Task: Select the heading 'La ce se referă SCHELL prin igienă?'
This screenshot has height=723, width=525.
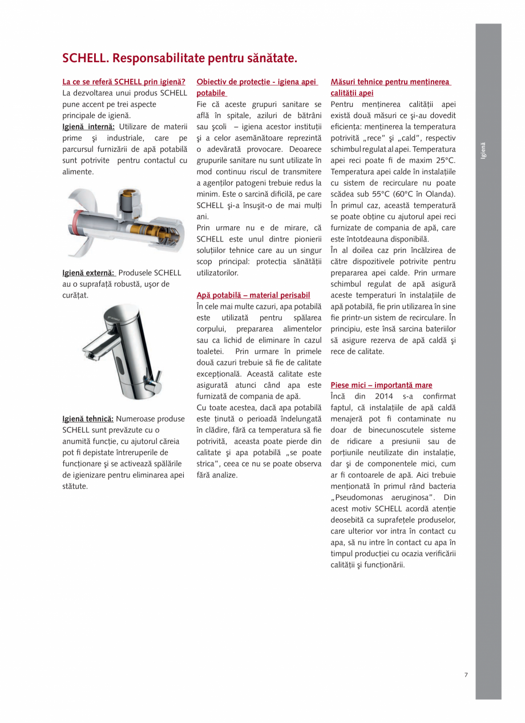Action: pyautogui.click(x=124, y=82)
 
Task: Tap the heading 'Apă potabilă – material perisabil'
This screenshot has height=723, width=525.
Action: pyautogui.click(x=253, y=295)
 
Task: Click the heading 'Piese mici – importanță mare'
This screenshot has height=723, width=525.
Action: pyautogui.click(x=381, y=385)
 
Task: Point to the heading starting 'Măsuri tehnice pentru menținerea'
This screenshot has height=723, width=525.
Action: pyautogui.click(x=390, y=82)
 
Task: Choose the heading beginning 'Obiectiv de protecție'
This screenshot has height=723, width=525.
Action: pyautogui.click(x=256, y=82)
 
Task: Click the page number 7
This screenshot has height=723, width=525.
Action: pyautogui.click(x=466, y=675)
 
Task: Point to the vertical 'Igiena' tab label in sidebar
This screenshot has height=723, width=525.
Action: pyautogui.click(x=483, y=150)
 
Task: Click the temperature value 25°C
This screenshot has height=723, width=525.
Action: pyautogui.click(x=444, y=160)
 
